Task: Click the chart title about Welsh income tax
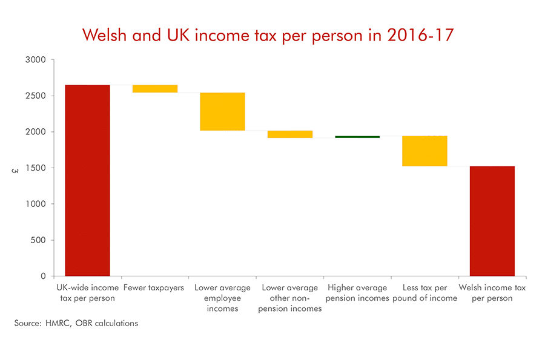click(x=268, y=35)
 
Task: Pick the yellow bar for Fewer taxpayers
click(x=155, y=89)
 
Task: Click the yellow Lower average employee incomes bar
click(x=222, y=111)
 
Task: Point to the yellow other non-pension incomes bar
click(x=290, y=134)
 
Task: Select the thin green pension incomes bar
click(x=357, y=137)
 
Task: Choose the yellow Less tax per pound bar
click(x=425, y=151)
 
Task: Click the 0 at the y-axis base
click(x=42, y=276)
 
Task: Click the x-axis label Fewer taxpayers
click(x=154, y=288)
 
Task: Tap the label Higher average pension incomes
click(x=357, y=293)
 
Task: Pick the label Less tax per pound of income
click(x=425, y=293)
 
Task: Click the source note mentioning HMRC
click(x=76, y=323)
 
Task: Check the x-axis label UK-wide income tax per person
click(x=87, y=293)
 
